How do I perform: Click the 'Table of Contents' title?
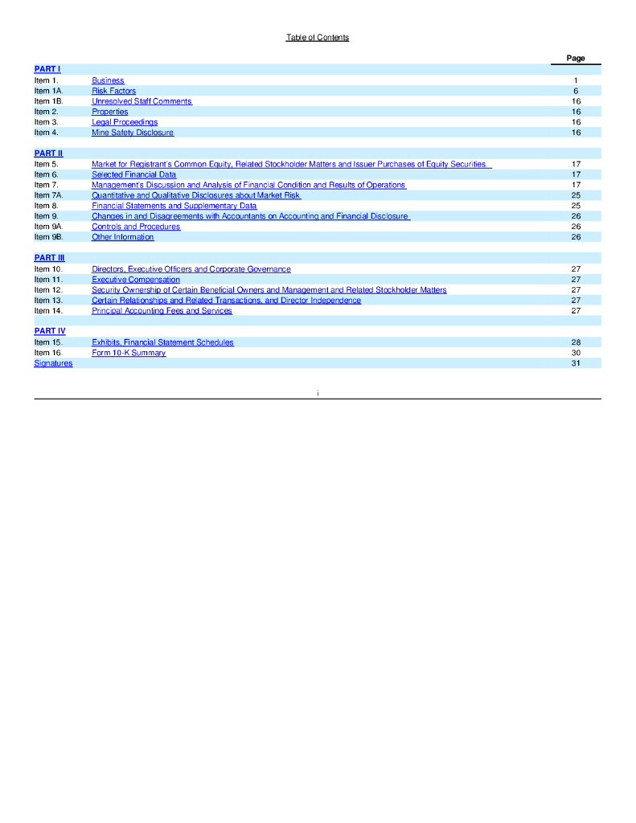coord(318,38)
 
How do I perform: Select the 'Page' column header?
coord(576,59)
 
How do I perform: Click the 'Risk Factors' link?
coord(113,91)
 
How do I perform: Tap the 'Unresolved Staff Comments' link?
coord(142,101)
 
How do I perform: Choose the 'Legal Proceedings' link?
coord(125,122)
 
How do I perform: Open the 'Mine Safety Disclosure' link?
coord(133,133)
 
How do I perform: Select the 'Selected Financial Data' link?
coord(133,174)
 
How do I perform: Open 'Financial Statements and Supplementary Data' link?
coord(174,206)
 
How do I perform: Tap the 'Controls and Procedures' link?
coord(136,227)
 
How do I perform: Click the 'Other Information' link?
coord(122,237)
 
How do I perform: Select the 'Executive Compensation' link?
coord(136,280)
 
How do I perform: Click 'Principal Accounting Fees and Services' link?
coord(162,311)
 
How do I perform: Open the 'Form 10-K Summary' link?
coord(129,353)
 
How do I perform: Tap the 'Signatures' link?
coord(53,363)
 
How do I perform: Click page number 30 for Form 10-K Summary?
coord(576,353)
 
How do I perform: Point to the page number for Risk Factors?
coord(576,91)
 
